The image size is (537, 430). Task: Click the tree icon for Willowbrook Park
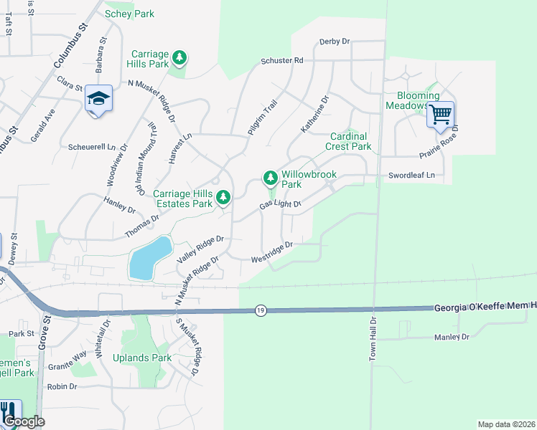pyautogui.click(x=270, y=176)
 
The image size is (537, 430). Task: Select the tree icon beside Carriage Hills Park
pyautogui.click(x=181, y=57)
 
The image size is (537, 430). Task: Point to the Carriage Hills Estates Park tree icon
pyautogui.click(x=224, y=196)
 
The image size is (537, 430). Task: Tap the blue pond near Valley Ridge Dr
pyautogui.click(x=150, y=258)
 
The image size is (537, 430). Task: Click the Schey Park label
pyautogui.click(x=129, y=14)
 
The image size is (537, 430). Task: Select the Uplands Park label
pyautogui.click(x=141, y=358)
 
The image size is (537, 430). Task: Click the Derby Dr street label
pyautogui.click(x=334, y=42)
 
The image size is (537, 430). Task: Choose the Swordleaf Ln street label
pyautogui.click(x=412, y=175)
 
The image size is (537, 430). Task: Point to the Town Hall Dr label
pyautogui.click(x=373, y=339)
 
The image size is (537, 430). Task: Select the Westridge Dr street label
pyautogui.click(x=272, y=252)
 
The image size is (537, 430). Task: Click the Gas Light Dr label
pyautogui.click(x=279, y=206)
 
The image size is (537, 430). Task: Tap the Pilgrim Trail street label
pyautogui.click(x=262, y=115)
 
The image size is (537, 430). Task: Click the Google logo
pyautogui.click(x=23, y=422)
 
